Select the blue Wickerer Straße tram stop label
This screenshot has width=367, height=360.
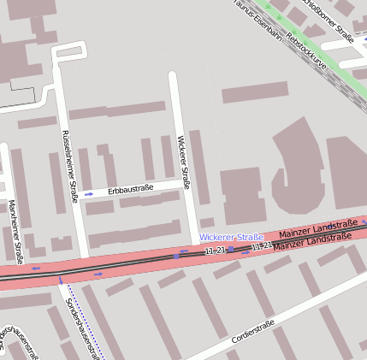click(x=231, y=236)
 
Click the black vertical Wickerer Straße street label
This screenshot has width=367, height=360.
click(x=182, y=162)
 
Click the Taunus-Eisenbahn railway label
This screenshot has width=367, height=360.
click(x=260, y=18)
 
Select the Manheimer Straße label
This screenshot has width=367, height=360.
click(x=15, y=229)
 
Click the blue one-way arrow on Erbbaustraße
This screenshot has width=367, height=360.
click(x=88, y=194)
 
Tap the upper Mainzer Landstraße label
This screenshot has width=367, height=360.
click(x=317, y=228)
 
